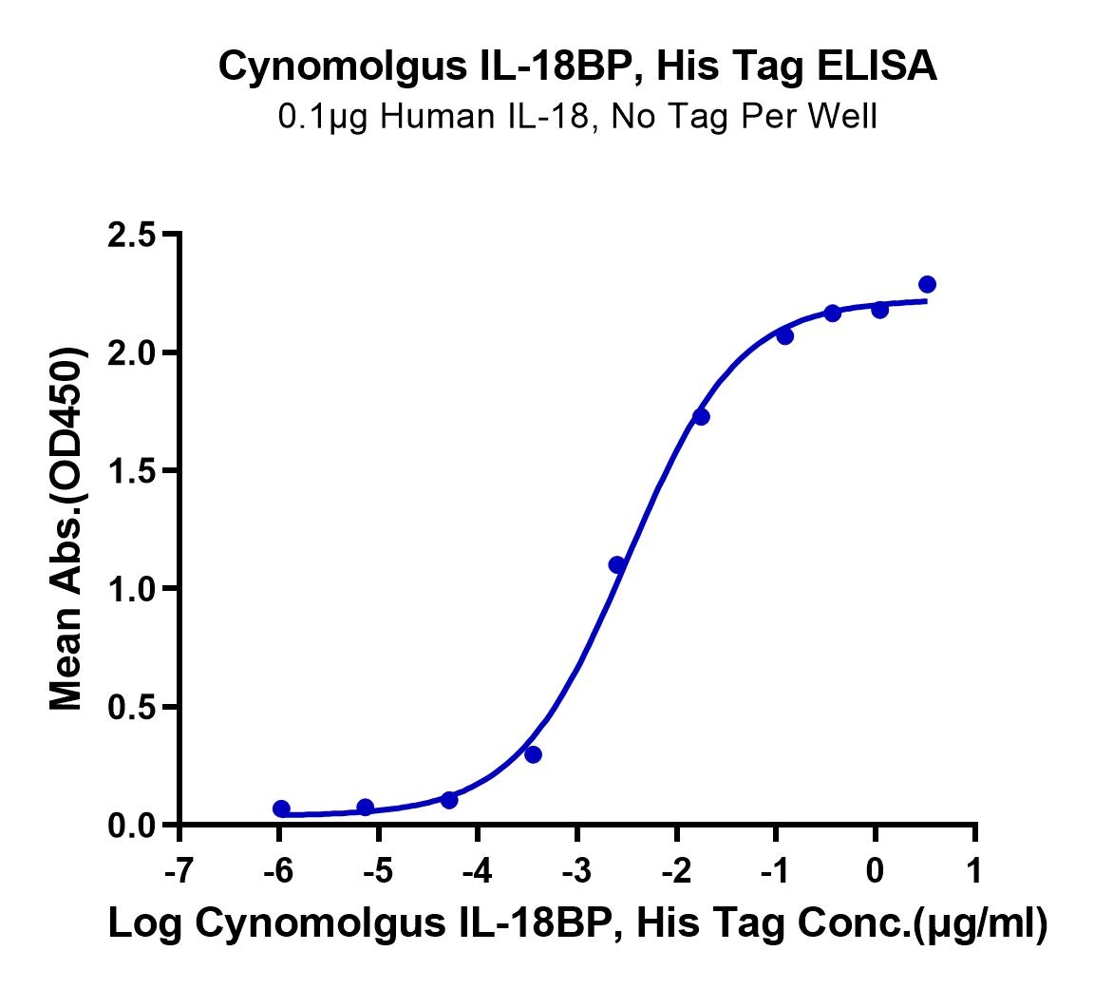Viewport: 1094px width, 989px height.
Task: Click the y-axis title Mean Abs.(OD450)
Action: (x=67, y=528)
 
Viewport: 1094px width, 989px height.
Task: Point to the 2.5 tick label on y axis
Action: (x=132, y=235)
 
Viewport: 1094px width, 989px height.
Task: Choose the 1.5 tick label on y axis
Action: (x=132, y=471)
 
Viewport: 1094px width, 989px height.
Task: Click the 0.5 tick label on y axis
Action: (x=132, y=707)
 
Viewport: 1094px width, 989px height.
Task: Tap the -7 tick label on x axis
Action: (x=180, y=871)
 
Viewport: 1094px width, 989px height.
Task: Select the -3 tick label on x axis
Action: (x=577, y=871)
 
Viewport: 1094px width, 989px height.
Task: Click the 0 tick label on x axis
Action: (x=875, y=871)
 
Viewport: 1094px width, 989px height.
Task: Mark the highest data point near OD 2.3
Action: (x=927, y=284)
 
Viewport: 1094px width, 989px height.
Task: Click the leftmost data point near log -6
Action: (x=281, y=808)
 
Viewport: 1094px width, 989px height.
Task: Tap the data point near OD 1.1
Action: (x=616, y=564)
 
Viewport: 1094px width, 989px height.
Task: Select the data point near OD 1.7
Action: (x=701, y=417)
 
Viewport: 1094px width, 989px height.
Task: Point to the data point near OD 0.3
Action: (x=533, y=754)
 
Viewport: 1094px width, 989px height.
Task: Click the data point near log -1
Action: (x=785, y=336)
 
